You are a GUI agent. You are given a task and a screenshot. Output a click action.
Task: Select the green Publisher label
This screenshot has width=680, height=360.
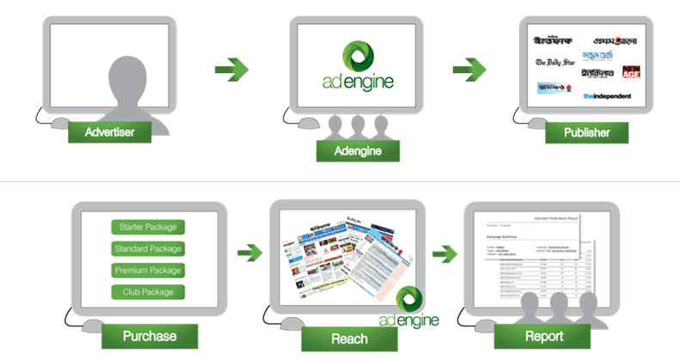tap(587, 132)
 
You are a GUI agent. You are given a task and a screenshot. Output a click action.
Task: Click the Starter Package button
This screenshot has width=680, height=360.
tap(149, 228)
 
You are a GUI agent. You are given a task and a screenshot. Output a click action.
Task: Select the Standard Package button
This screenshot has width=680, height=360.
tap(149, 249)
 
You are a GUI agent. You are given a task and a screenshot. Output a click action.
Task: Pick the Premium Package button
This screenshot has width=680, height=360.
tap(149, 271)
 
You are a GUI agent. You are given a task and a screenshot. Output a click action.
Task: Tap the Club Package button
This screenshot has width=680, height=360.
tap(149, 292)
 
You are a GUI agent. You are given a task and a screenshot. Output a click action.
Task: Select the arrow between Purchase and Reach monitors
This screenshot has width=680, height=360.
tap(249, 253)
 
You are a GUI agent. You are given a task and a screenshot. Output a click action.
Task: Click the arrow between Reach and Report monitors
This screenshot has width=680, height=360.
tap(444, 253)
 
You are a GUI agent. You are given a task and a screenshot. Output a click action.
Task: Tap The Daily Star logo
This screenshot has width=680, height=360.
tap(554, 63)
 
